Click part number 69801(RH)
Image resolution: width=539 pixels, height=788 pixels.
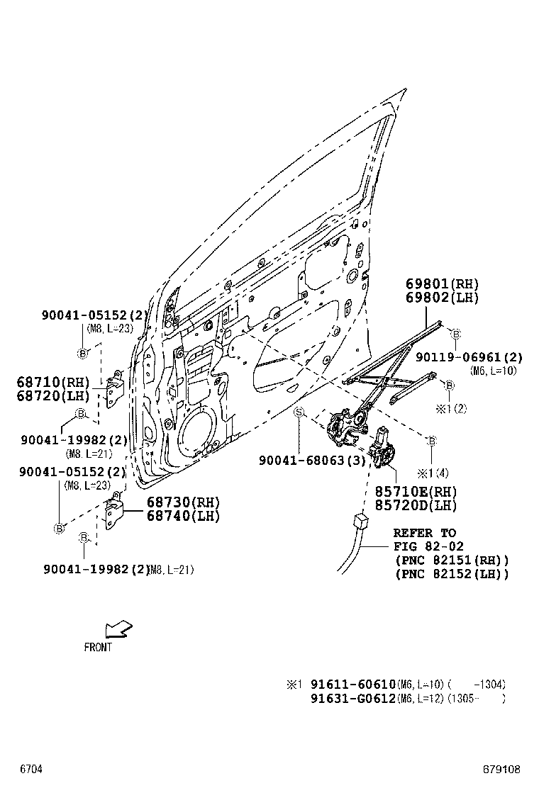pyautogui.click(x=439, y=284)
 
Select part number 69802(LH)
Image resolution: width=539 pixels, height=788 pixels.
pyautogui.click(x=439, y=298)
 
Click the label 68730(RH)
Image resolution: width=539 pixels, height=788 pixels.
pyautogui.click(x=183, y=502)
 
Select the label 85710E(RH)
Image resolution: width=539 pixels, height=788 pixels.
pyautogui.click(x=416, y=492)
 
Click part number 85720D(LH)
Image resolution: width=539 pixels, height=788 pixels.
pyautogui.click(x=416, y=505)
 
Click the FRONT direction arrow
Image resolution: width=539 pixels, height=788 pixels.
pyautogui.click(x=116, y=629)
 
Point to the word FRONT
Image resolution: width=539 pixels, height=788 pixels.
pyautogui.click(x=98, y=647)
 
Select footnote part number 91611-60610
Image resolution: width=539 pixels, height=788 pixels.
pyautogui.click(x=352, y=685)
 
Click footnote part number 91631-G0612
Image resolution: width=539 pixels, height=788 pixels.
pyautogui.click(x=352, y=699)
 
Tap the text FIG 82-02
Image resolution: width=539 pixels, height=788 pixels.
pyautogui.click(x=429, y=546)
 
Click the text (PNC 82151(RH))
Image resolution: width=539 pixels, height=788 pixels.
pyautogui.click(x=452, y=560)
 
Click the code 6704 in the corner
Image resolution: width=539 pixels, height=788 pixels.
pyautogui.click(x=31, y=769)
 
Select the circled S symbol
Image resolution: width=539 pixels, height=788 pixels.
pyautogui.click(x=299, y=412)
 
